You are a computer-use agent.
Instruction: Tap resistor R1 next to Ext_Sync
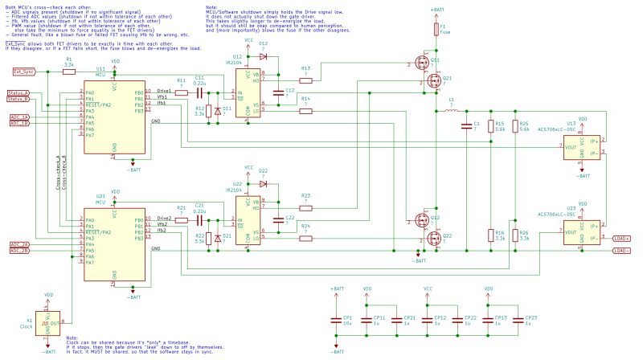(x=69, y=72)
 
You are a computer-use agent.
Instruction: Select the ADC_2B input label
(x=19, y=250)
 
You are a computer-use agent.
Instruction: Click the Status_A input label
(x=18, y=93)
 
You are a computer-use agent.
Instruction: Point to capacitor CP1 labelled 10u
(x=337, y=320)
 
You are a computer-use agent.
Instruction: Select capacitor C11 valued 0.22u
(x=199, y=93)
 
